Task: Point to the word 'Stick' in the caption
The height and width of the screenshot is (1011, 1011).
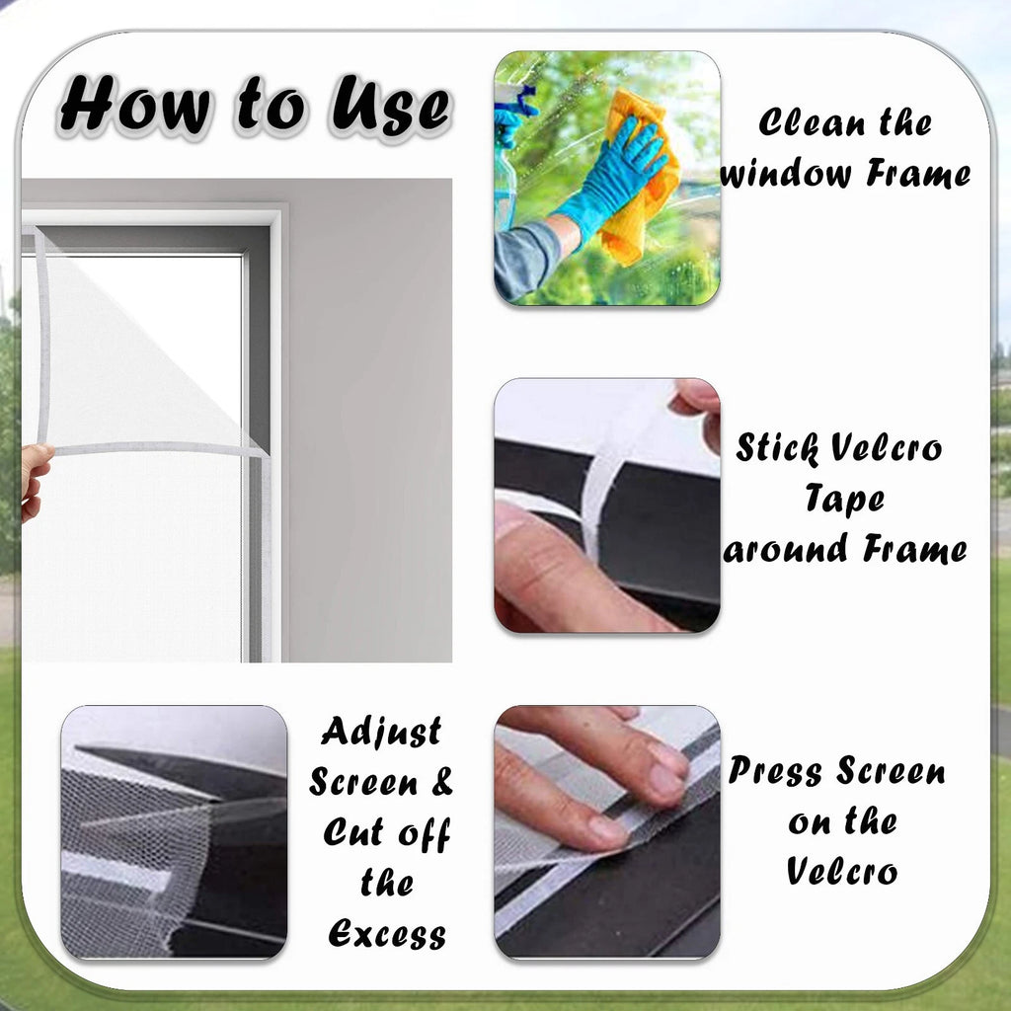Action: [778, 447]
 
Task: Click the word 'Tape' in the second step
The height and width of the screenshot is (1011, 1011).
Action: [844, 499]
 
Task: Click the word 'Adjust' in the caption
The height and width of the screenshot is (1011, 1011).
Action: [382, 732]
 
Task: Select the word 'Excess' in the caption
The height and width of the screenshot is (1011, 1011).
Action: [387, 933]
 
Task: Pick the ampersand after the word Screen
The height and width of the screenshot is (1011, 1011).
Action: [441, 781]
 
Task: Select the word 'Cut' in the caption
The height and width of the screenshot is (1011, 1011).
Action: [354, 831]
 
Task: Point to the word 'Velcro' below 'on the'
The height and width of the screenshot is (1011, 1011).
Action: [842, 871]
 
